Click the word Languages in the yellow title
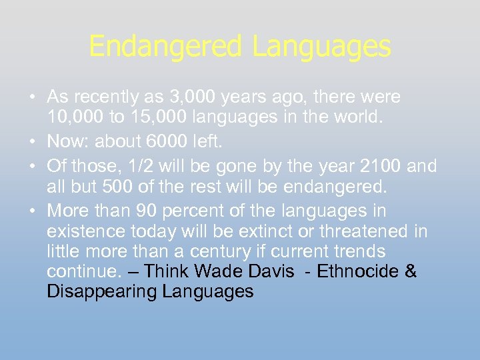click(321, 47)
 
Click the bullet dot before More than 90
click(33, 211)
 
